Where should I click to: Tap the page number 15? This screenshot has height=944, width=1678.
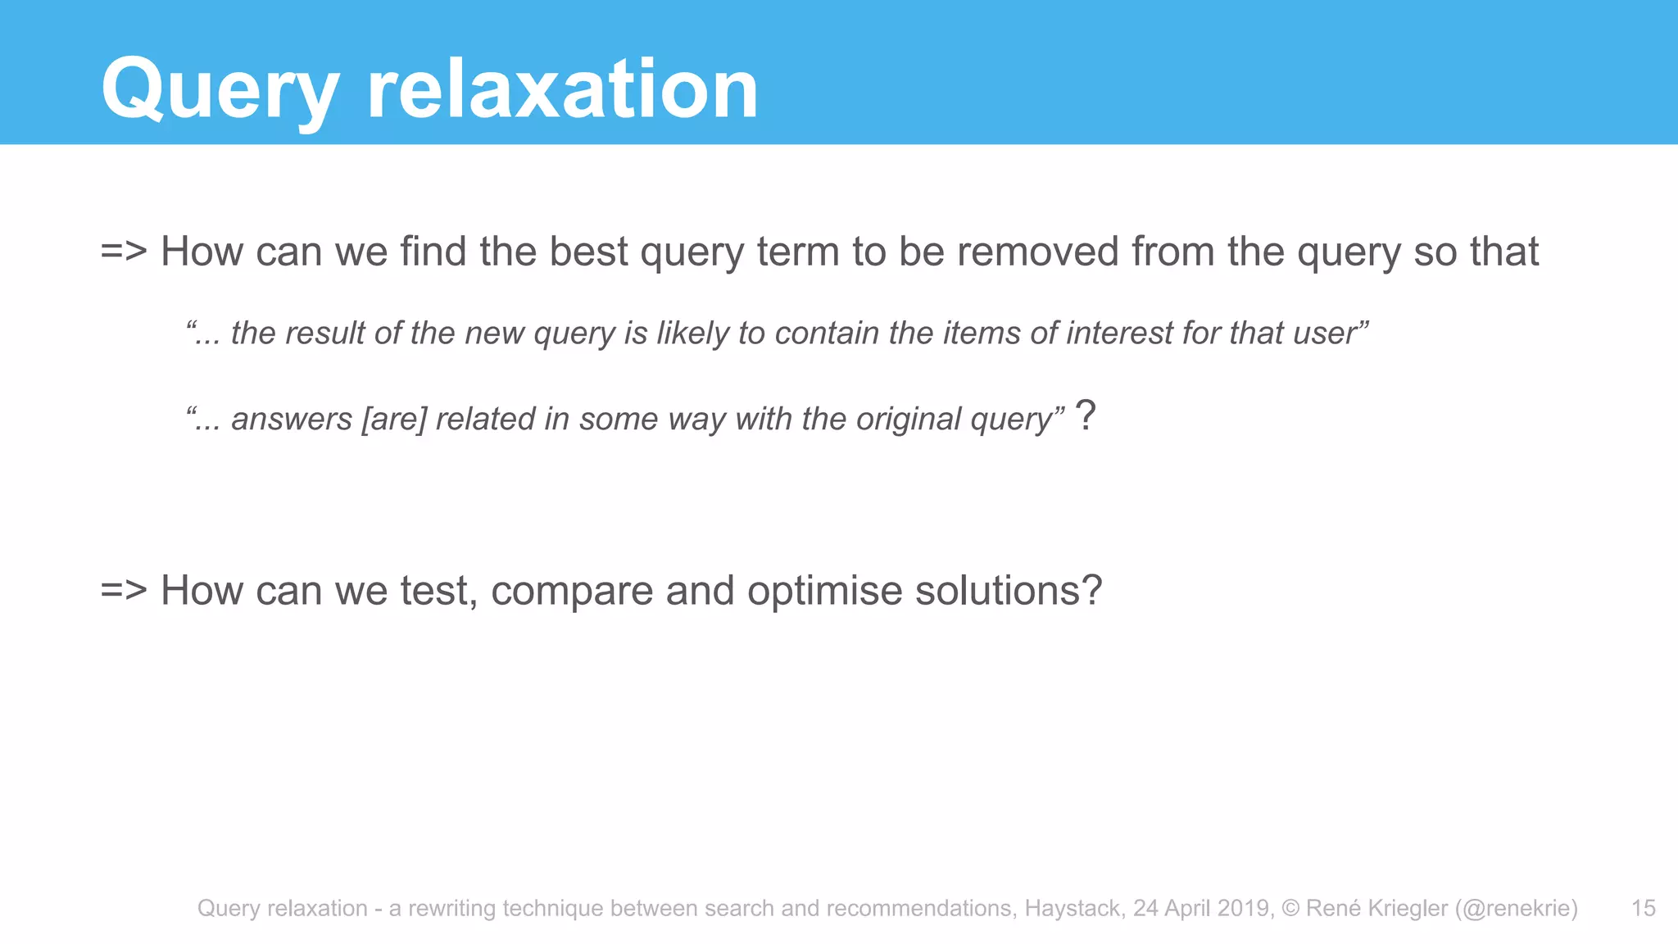1643,908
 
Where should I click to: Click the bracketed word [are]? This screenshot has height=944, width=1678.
394,419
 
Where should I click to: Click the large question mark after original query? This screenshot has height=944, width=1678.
1085,415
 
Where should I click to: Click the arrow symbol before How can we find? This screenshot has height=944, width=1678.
123,251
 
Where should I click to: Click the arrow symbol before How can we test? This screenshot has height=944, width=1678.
123,590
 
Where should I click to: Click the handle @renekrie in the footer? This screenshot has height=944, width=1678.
1516,908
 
